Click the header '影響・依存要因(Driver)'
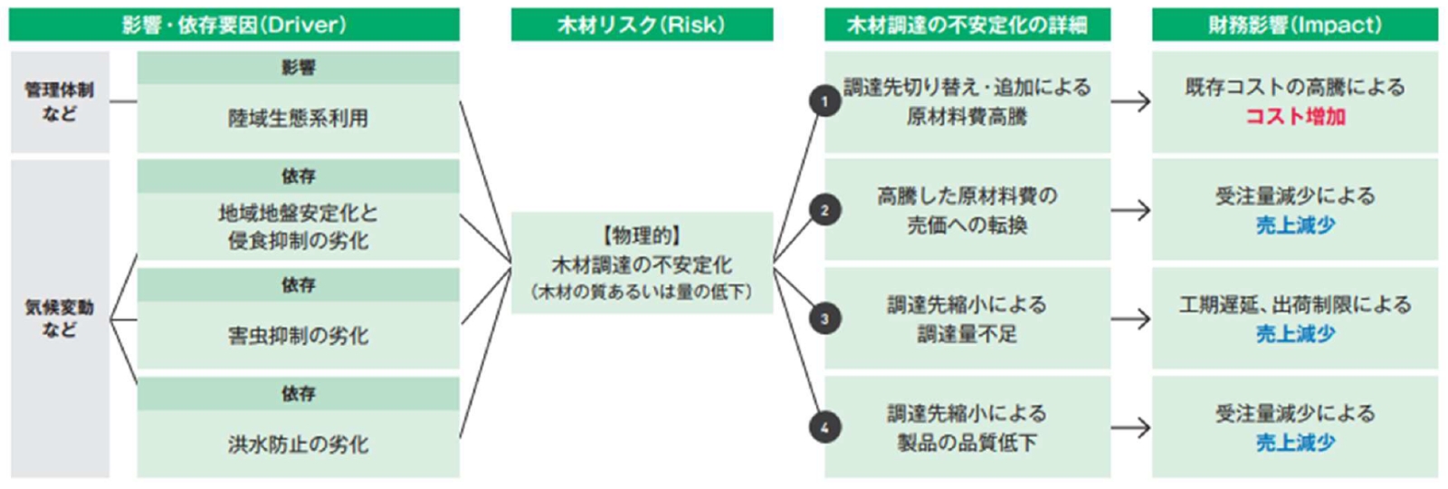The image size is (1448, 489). (x=233, y=24)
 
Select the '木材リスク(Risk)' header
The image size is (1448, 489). (x=642, y=24)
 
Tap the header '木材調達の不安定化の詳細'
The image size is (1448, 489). (x=967, y=24)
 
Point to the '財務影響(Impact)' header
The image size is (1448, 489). (x=1294, y=24)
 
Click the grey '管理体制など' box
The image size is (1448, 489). (x=60, y=101)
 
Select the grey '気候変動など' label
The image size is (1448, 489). (x=60, y=319)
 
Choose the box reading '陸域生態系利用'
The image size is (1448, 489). (x=298, y=118)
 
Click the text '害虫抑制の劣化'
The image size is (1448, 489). (x=298, y=336)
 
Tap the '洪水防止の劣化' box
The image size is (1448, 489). (x=298, y=444)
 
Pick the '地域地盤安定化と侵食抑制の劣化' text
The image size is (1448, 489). (x=298, y=226)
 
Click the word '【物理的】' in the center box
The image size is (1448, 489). (x=642, y=235)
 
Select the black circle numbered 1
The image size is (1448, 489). (x=824, y=101)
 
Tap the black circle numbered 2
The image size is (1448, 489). (x=824, y=210)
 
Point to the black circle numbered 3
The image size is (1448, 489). (x=824, y=319)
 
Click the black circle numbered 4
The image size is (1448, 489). (x=824, y=427)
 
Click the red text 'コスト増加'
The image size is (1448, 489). (x=1294, y=117)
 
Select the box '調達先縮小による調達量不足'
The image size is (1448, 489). (x=967, y=319)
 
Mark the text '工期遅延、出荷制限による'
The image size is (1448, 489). (x=1294, y=304)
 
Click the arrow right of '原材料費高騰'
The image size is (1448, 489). (x=1130, y=101)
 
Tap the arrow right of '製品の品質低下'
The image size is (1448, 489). (x=1130, y=427)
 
